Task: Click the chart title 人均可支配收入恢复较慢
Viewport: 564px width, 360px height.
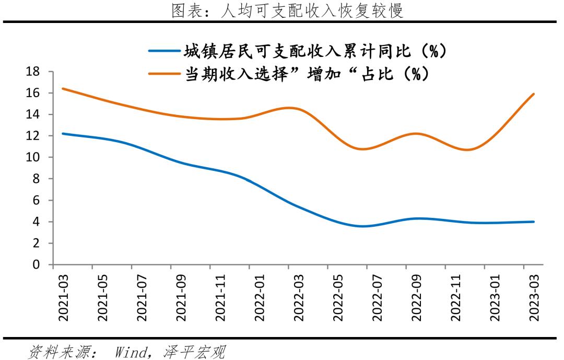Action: [x=288, y=10]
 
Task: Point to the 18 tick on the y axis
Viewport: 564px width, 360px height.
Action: [x=33, y=72]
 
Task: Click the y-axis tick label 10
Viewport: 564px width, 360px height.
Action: [x=33, y=157]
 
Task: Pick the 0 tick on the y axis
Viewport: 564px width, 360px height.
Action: [x=36, y=264]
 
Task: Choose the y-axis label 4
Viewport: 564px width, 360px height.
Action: [x=36, y=222]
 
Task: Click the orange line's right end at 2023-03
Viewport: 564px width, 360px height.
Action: [x=534, y=94]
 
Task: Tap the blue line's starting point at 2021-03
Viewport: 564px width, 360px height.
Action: [x=63, y=134]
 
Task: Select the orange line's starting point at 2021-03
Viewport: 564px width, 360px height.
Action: [x=63, y=88]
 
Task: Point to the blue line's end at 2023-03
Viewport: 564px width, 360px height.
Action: [x=534, y=222]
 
